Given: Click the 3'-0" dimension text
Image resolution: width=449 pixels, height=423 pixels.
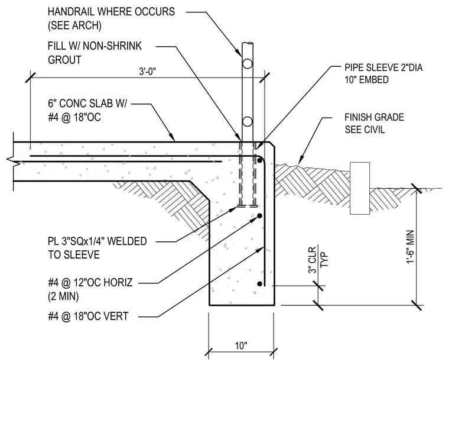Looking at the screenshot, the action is (148, 72).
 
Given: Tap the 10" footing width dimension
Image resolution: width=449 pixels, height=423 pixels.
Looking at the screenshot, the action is (241, 345).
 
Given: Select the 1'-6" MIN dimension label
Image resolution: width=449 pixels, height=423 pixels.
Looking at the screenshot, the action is (411, 247).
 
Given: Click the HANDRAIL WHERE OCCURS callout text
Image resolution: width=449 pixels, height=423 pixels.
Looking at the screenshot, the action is (111, 12).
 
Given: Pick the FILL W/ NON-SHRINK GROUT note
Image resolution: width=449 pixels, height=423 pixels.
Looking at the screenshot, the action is (95, 53).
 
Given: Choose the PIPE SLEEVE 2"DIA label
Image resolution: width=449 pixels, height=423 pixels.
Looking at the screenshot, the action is (383, 67).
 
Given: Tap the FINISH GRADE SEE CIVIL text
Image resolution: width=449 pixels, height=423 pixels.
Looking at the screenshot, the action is (374, 123).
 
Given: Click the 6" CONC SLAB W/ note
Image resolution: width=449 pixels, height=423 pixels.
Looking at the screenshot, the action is (87, 104).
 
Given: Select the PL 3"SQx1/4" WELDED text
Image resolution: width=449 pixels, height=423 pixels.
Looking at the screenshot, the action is (97, 241).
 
